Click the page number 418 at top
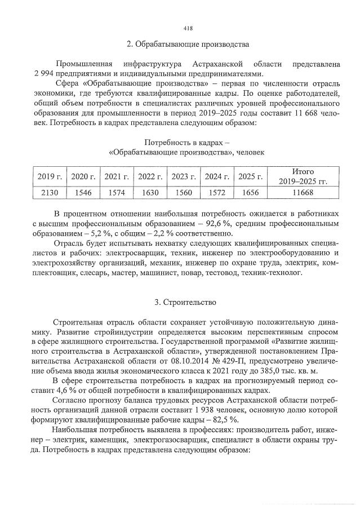[x=188, y=28]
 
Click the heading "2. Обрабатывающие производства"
[x=188, y=45]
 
